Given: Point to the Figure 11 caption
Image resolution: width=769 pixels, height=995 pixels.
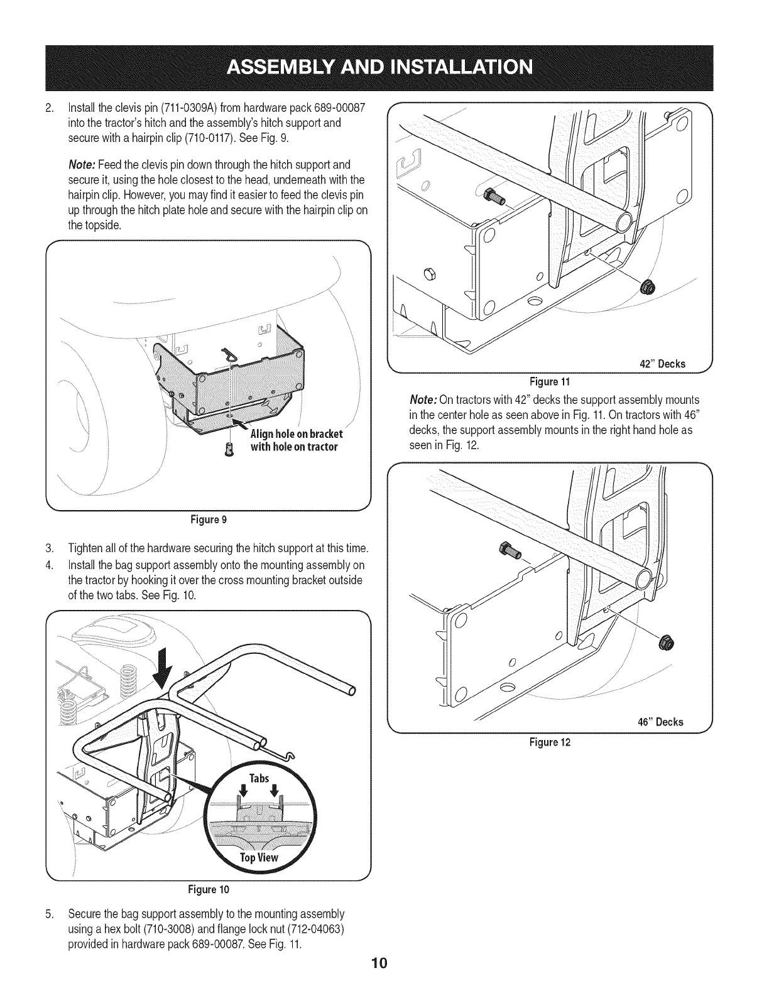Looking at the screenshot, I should point(550,381).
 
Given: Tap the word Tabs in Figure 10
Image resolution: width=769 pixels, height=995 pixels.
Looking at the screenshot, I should point(259,779).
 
